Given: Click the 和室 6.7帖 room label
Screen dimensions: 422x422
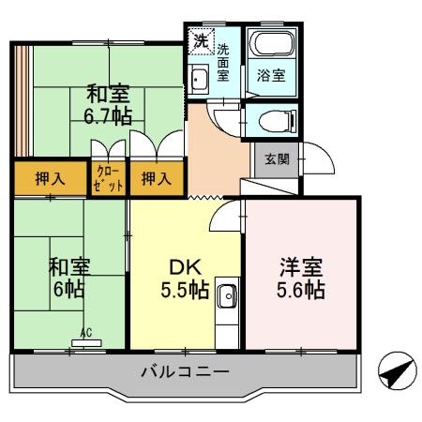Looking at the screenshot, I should pos(109,104).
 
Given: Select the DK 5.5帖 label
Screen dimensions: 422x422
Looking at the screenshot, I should pos(185,278).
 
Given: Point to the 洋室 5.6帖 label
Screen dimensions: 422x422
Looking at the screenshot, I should pos(301,278).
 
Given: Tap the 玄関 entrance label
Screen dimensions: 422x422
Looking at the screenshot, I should pos(277,159).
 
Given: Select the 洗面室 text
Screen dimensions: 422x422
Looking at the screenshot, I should pos(224,63).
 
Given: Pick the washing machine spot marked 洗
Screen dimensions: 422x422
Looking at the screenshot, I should pos(200,40).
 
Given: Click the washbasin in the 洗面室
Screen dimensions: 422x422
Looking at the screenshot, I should pos(198,79).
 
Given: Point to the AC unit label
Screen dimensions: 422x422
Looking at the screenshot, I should pos(85,333).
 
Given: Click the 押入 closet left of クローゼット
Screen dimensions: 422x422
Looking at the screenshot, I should pos(50,178).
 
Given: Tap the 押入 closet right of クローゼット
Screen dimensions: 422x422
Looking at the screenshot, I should pos(155,178).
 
